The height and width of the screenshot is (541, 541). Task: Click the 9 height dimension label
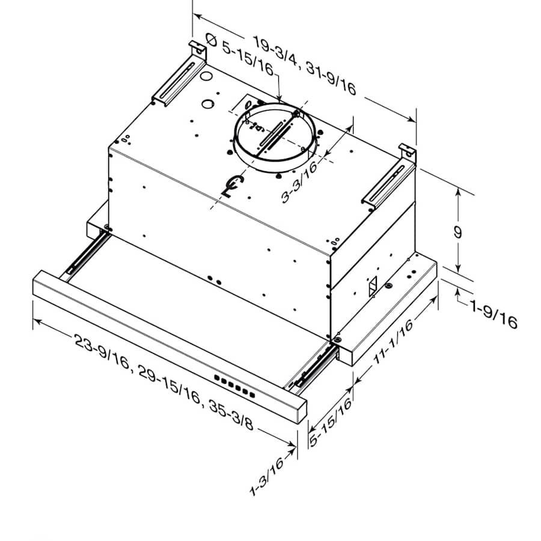(458, 233)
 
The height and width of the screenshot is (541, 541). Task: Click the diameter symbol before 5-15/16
(212, 40)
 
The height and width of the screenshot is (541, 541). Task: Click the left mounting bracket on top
(178, 75)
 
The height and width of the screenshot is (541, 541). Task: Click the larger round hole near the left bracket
(206, 78)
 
